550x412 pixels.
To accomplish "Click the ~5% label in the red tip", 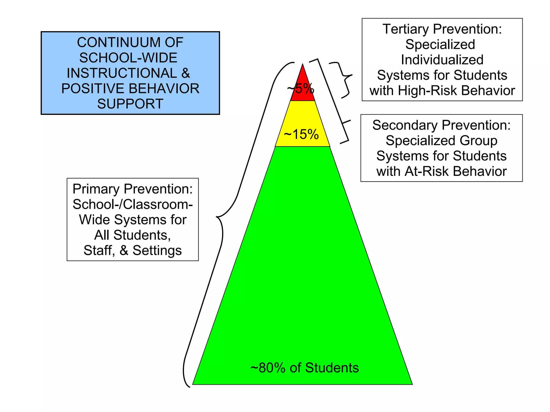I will click(301, 89).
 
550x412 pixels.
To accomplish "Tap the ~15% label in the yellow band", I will click(301, 134).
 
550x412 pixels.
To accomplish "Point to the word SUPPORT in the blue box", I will click(130, 104).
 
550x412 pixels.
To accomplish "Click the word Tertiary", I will click(406, 29).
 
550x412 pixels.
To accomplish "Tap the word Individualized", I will click(442, 60).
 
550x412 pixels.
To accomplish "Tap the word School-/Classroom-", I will click(133, 204).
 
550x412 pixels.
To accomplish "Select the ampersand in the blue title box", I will click(186, 73).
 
